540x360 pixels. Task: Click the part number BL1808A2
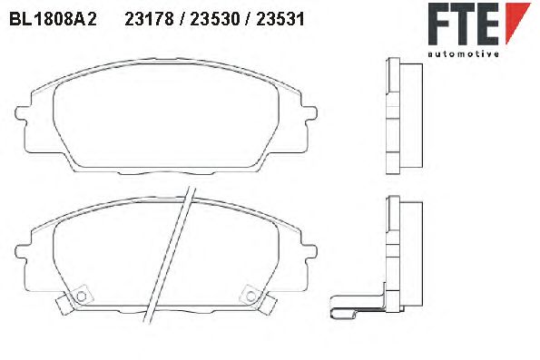coord(53,19)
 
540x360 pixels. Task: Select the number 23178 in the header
coord(149,19)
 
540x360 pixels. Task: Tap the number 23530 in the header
coord(214,19)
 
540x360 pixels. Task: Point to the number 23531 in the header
coord(280,19)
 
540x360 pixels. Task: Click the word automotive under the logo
coord(463,54)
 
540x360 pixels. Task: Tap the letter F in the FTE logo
coord(439,24)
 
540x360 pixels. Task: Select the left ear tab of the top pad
coord(22,113)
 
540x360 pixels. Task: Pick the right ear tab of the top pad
coord(309,113)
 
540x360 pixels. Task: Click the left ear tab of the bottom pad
coord(22,251)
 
